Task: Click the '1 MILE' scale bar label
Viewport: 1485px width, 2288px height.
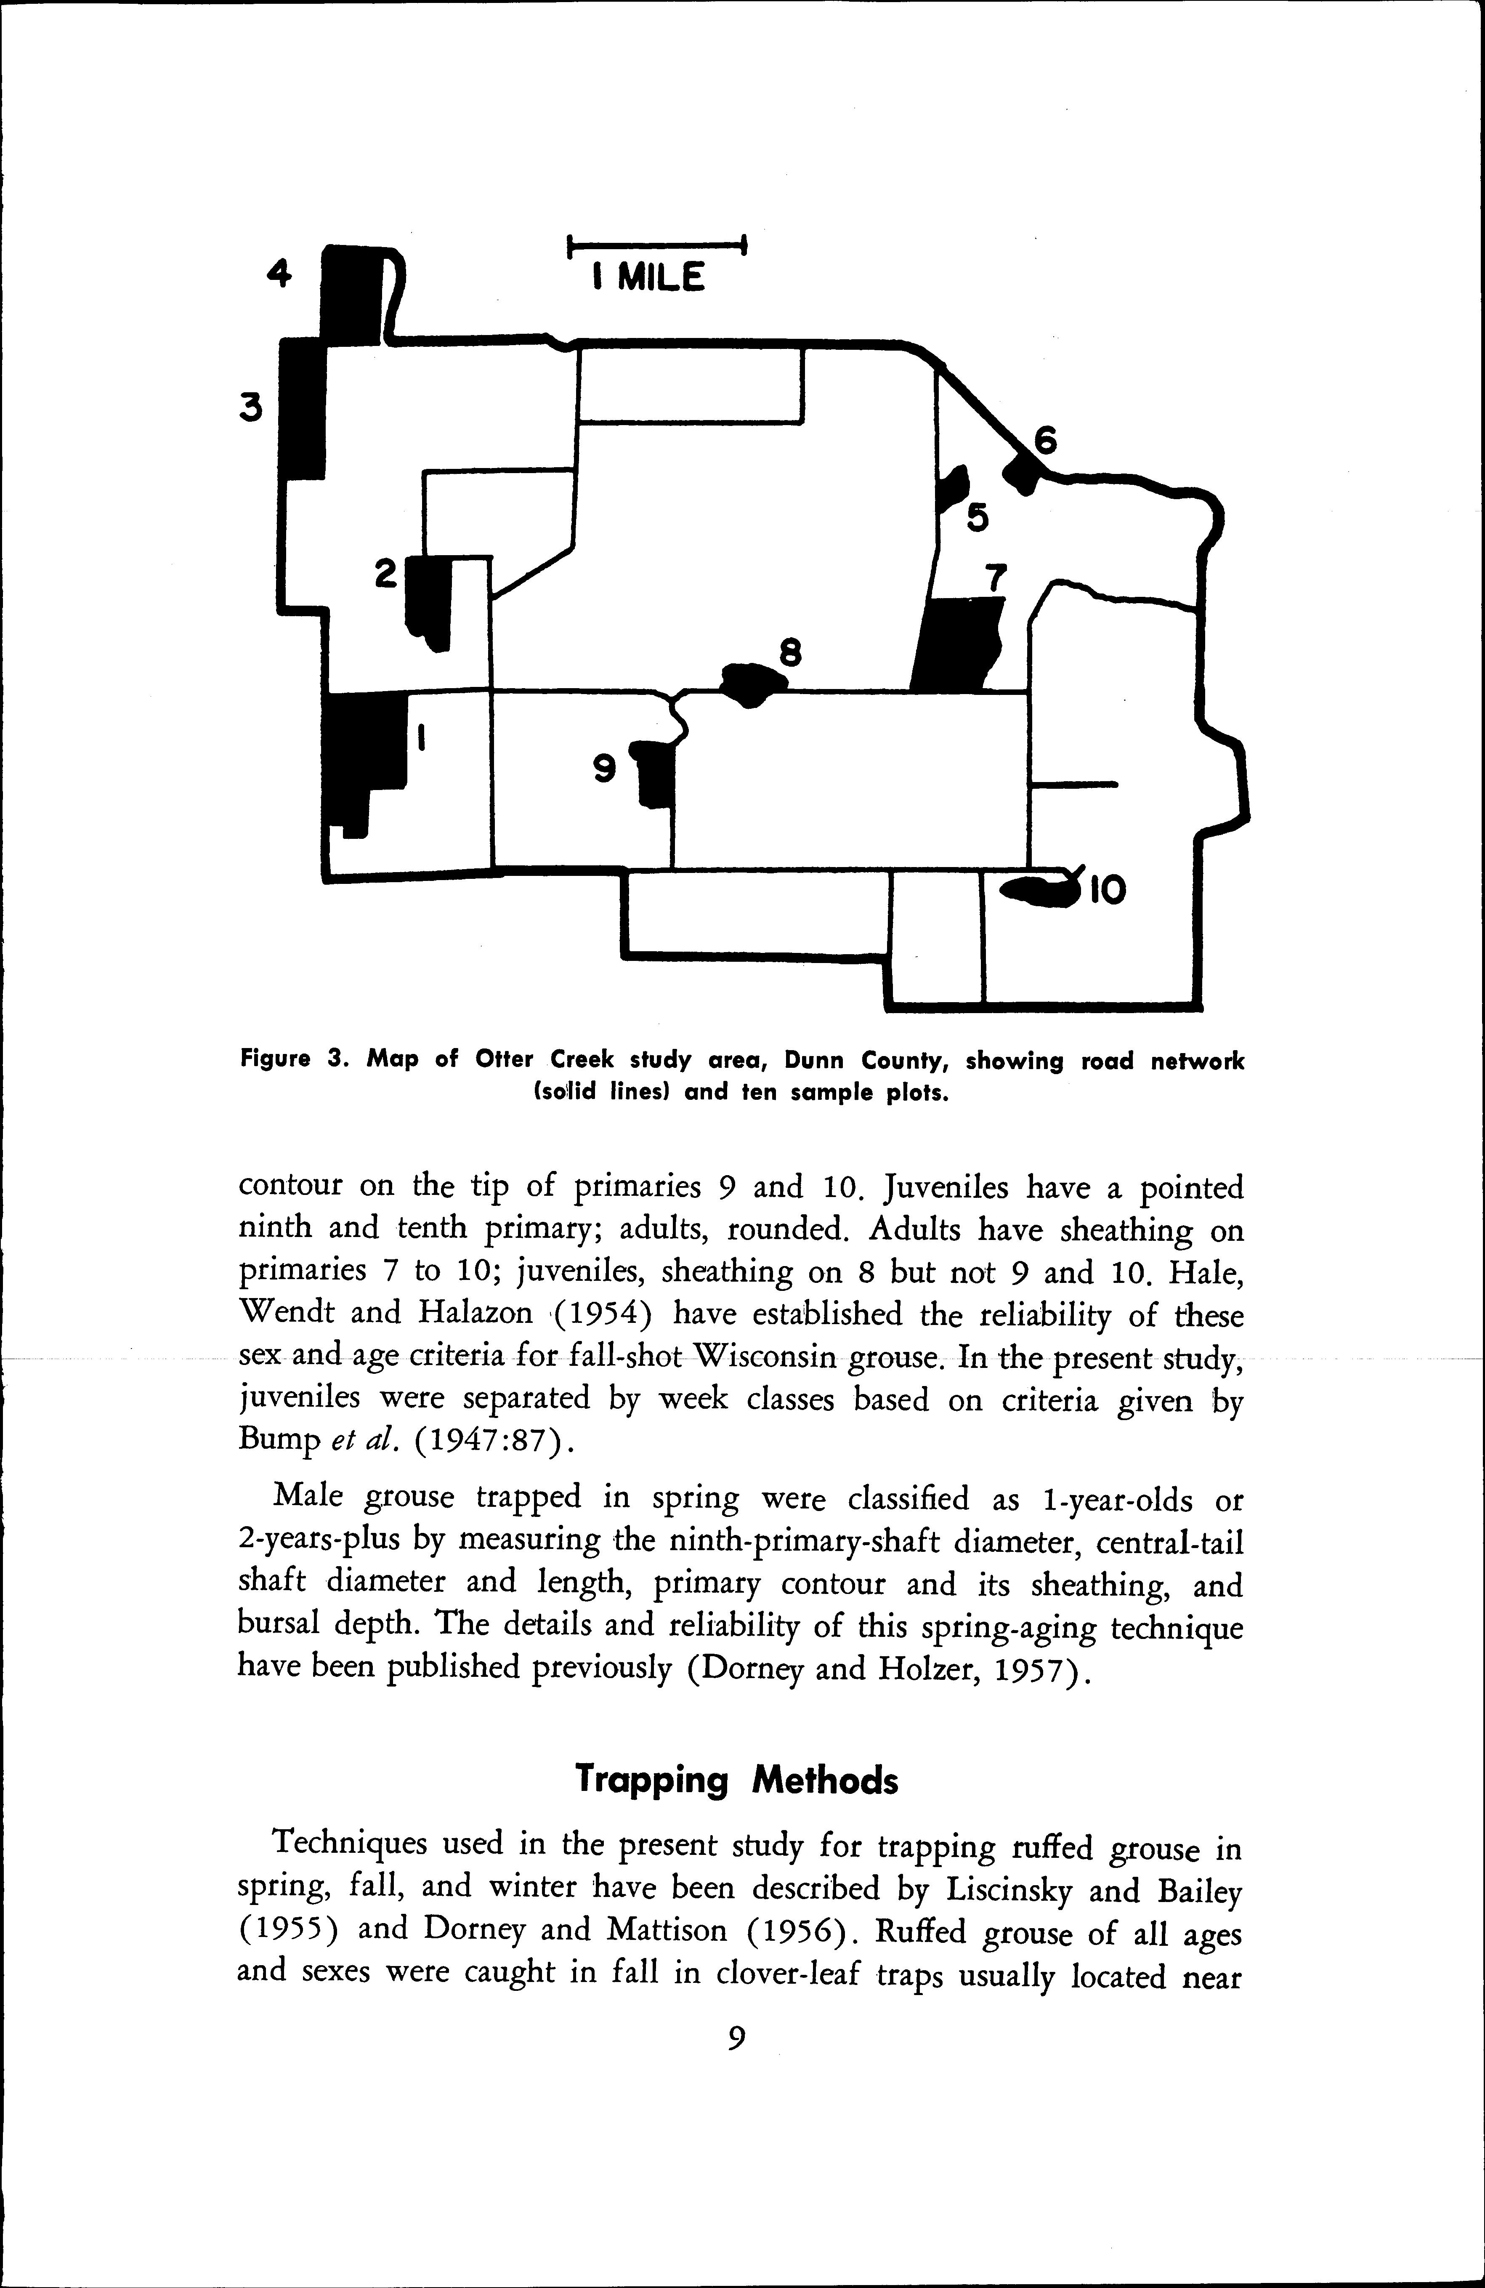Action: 649,278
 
